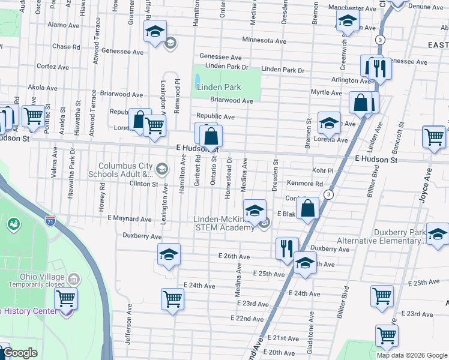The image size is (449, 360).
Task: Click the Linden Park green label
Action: click(219, 87)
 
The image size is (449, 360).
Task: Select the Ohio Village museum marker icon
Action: click(73, 280)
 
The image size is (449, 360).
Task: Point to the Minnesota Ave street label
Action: click(264, 40)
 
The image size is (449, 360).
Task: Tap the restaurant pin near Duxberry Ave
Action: click(287, 248)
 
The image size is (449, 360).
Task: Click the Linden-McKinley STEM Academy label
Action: click(224, 223)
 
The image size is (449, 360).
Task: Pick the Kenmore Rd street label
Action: click(304, 184)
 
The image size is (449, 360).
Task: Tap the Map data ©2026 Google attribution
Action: click(411, 355)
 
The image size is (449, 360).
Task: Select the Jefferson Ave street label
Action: click(128, 323)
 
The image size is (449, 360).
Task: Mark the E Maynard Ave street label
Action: click(129, 220)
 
